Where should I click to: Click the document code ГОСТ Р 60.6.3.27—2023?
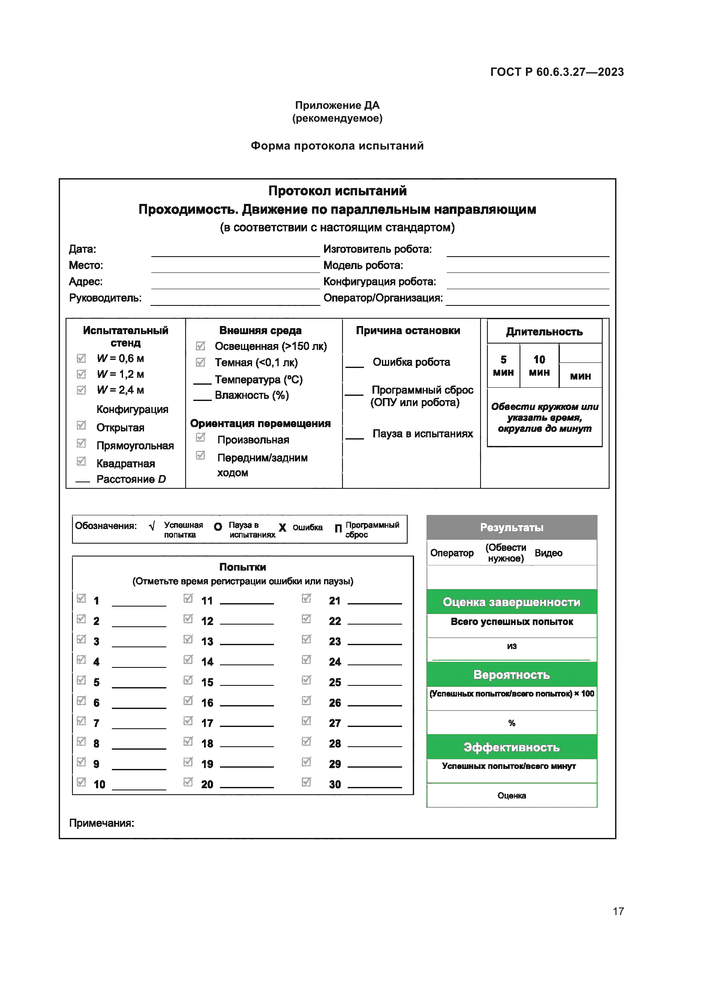(x=557, y=72)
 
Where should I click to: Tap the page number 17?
(x=618, y=911)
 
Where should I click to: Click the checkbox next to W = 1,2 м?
(x=81, y=374)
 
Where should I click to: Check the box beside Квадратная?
(x=81, y=461)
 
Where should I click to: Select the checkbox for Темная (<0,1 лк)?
(x=200, y=362)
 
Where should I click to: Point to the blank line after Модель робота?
(x=527, y=268)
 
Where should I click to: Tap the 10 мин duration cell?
(x=539, y=366)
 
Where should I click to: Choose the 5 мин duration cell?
(x=503, y=366)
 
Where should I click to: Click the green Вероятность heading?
(x=511, y=675)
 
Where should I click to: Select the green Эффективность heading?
(x=511, y=747)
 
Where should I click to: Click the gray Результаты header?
(x=511, y=527)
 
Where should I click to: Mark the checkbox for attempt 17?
(x=188, y=721)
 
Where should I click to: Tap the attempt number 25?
(x=334, y=682)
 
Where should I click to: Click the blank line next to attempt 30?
(x=374, y=784)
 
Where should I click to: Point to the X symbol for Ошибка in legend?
(x=282, y=528)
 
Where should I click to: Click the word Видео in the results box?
(x=548, y=553)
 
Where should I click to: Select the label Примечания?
(x=101, y=823)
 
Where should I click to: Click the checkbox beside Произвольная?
(x=200, y=437)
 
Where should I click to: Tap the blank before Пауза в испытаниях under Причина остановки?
(x=354, y=437)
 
